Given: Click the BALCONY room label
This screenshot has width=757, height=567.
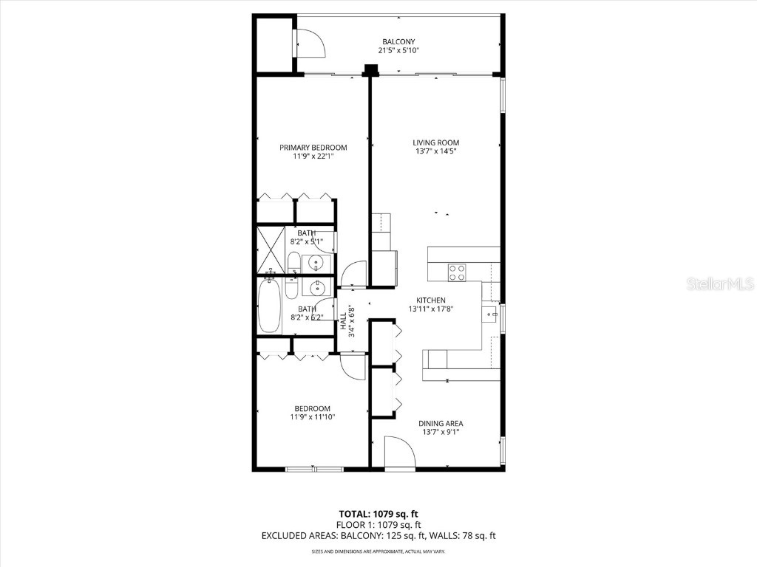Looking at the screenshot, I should pos(398,41).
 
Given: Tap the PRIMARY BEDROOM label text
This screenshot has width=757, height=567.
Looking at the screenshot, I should pos(313,148).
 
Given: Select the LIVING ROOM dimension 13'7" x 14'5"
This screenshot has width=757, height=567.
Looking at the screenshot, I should pos(435,152).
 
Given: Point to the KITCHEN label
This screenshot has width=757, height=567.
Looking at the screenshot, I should pos(430,300).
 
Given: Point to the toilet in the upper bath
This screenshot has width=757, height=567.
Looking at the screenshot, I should pos(293,262).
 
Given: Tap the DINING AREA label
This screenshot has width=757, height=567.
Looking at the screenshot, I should pos(441,423).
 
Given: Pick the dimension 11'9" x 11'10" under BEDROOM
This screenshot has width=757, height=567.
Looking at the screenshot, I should pos(313,417).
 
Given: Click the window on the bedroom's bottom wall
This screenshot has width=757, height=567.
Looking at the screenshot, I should pos(314,468).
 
